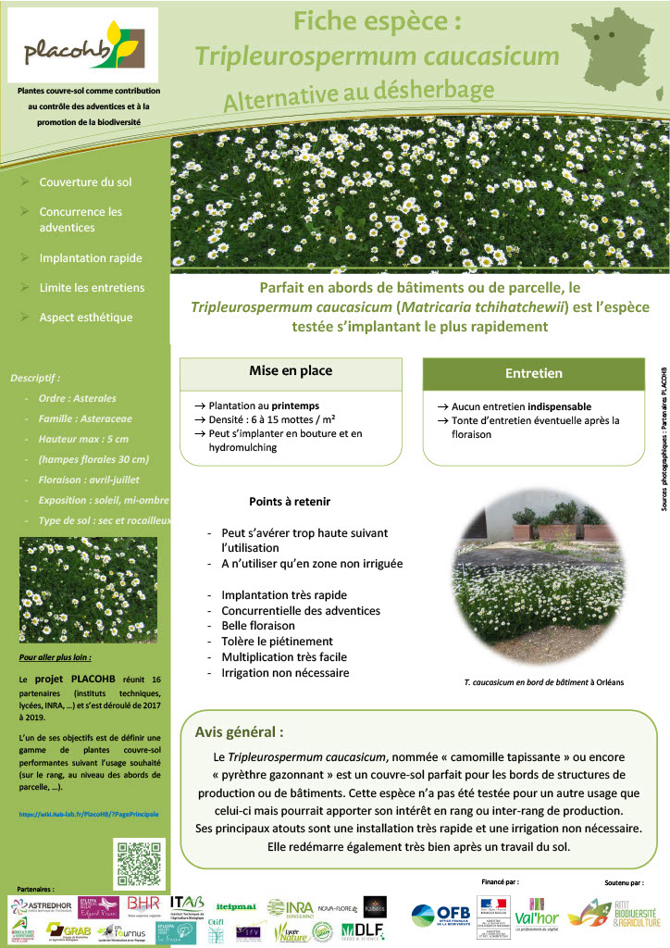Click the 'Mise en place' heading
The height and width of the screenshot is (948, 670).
coord(291,371)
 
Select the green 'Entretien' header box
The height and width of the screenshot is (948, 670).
coord(533,374)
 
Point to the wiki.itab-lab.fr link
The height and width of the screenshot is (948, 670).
coord(89,814)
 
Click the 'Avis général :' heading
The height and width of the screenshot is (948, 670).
coord(239,731)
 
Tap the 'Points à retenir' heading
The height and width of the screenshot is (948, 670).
coord(290,502)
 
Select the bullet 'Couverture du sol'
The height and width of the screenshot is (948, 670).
coord(85,182)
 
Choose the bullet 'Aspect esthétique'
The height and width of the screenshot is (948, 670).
coord(86,318)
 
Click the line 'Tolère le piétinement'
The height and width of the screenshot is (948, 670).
coord(277,642)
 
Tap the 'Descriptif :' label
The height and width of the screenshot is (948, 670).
coord(35,378)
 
